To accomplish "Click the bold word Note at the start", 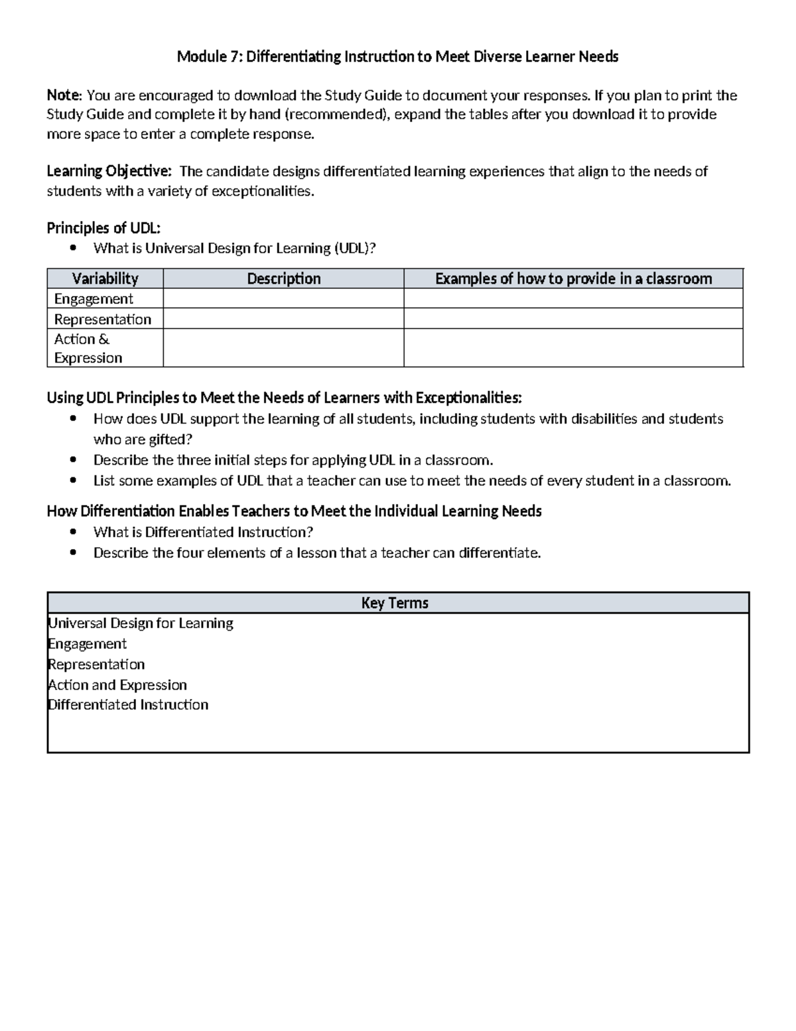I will pos(63,96).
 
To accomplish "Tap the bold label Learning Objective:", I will pos(109,171).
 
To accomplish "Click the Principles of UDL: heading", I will pos(103,228).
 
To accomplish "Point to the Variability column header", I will pos(105,279).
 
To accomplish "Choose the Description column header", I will pos(283,279).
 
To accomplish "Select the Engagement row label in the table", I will pos(94,299).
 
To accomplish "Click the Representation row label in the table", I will pos(103,319).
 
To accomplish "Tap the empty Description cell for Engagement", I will pos(283,299).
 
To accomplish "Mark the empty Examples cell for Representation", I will pos(573,319).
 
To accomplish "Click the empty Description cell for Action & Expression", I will pos(283,349).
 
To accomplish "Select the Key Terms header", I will pos(395,603).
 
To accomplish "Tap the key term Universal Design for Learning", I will pos(141,623).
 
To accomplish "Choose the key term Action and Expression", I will pos(118,685).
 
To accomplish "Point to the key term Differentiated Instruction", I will pos(129,705).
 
